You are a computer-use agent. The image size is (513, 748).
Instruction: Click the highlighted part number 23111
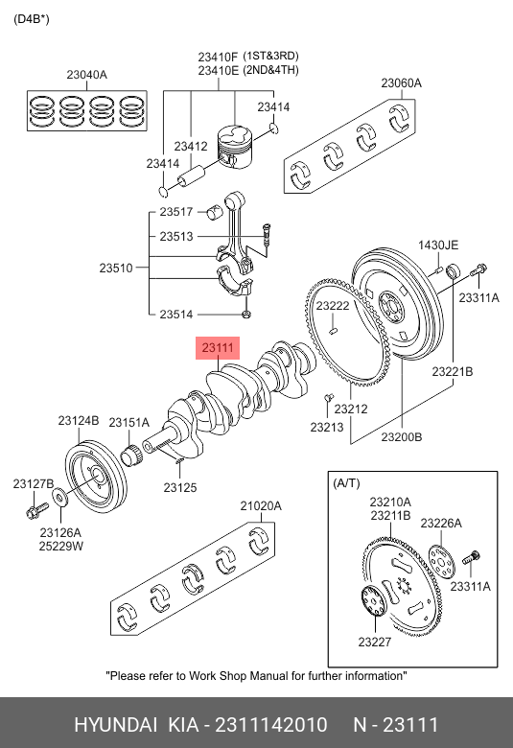point(218,348)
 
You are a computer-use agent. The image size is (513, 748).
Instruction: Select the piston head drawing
point(234,147)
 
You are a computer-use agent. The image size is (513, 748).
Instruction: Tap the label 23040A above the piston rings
point(87,75)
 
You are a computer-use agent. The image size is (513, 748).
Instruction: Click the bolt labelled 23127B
point(37,509)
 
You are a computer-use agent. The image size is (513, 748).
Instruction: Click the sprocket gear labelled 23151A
point(131,455)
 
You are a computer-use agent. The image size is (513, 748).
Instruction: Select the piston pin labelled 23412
point(191,176)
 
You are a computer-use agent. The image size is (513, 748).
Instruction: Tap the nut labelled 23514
point(246,315)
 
